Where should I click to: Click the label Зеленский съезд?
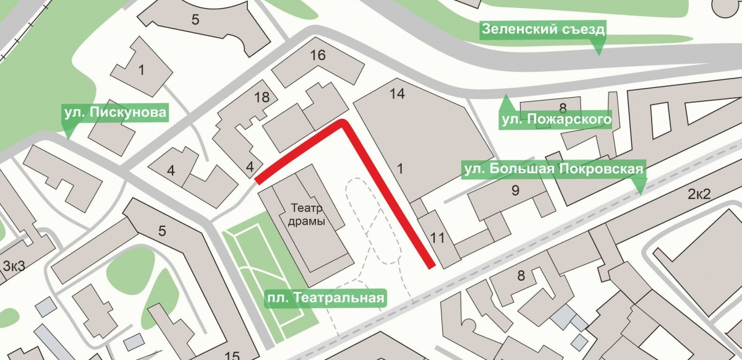(x=543, y=29)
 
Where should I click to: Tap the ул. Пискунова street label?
(x=114, y=113)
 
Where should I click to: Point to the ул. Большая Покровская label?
(x=555, y=169)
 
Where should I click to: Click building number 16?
(x=317, y=55)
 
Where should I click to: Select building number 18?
(x=262, y=96)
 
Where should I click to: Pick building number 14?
(x=397, y=94)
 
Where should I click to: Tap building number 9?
(x=515, y=191)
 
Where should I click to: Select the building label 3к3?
(x=14, y=267)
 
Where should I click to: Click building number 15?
(x=232, y=355)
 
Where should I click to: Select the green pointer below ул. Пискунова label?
(x=67, y=131)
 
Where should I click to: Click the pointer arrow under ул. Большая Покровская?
(x=639, y=186)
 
